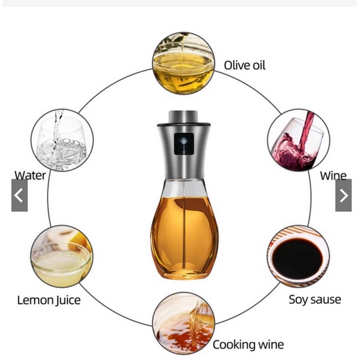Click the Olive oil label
click(x=245, y=65)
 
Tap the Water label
click(x=30, y=175)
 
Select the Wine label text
click(x=334, y=176)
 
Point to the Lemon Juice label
click(x=49, y=300)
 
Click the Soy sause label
click(x=315, y=299)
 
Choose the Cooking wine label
click(x=248, y=345)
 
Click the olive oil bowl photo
click(x=183, y=63)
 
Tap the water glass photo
click(x=62, y=140)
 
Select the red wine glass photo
click(x=298, y=140)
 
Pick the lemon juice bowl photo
click(x=62, y=256)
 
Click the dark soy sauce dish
click(x=298, y=258)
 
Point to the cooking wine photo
click(x=183, y=323)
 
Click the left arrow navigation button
click(x=20, y=195)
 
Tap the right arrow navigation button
click(x=344, y=195)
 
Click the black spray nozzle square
click(x=183, y=144)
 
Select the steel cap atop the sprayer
click(x=183, y=117)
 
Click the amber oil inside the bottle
click(x=183, y=236)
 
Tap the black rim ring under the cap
click(x=183, y=125)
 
